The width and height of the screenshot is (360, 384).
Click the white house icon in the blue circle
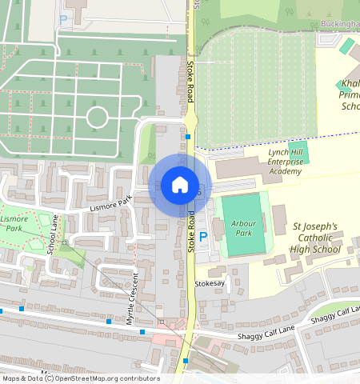point(180,185)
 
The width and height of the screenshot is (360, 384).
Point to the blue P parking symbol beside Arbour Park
point(202,236)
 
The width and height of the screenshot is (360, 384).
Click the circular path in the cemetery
point(97,118)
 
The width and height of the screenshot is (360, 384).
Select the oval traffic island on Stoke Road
point(191,121)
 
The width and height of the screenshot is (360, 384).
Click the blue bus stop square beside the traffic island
point(187,137)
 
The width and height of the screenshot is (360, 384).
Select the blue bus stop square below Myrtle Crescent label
point(142,331)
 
